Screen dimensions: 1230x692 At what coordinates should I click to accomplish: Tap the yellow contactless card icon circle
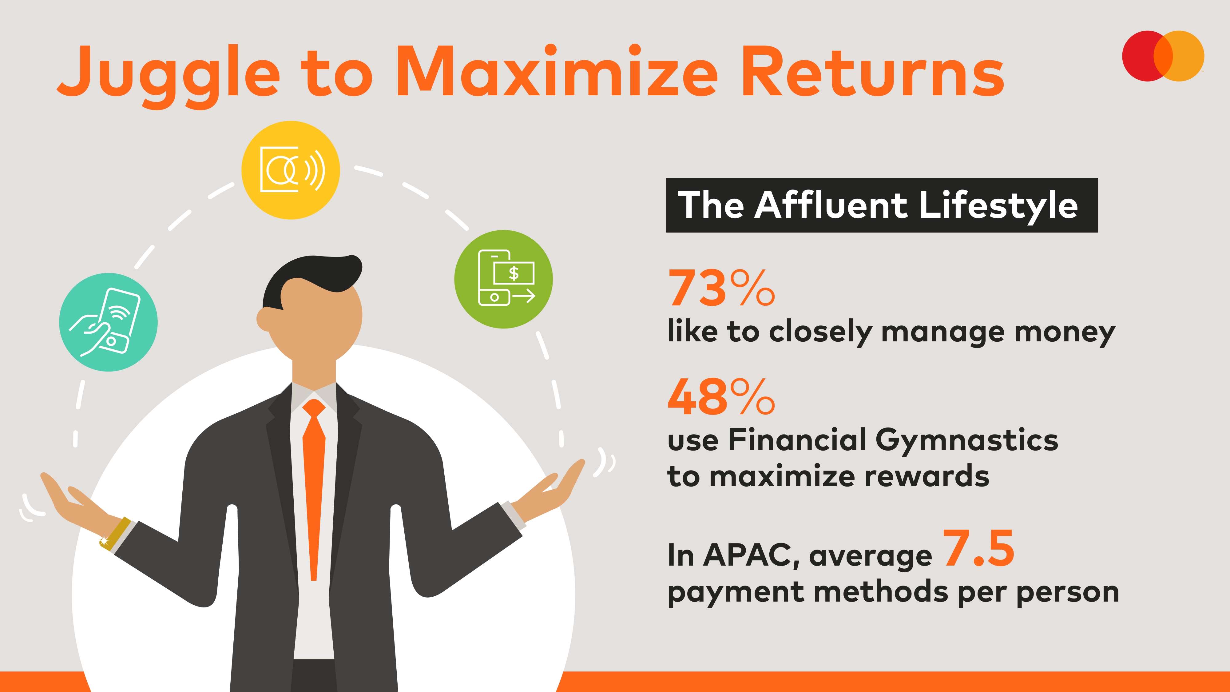click(x=290, y=170)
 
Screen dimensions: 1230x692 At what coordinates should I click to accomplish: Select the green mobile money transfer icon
click(x=503, y=279)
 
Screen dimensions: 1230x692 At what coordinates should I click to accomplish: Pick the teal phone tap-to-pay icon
click(x=108, y=322)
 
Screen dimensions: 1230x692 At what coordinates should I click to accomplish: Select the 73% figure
click(x=721, y=288)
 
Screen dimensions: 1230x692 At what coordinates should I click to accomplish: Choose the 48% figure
click(x=721, y=396)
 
